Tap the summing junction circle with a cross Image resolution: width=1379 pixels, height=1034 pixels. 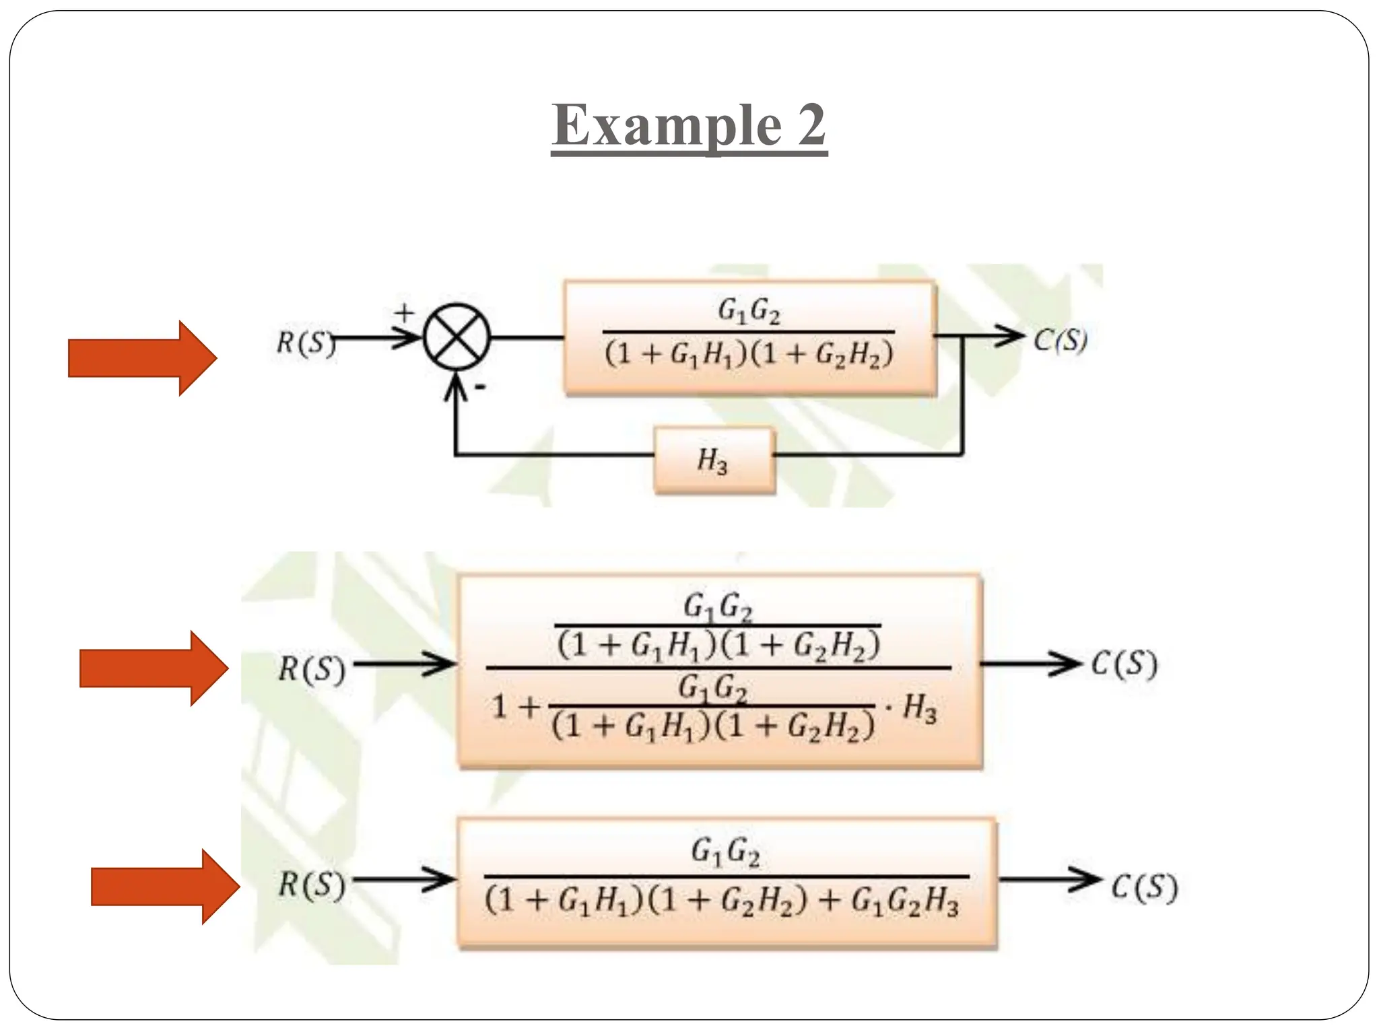[x=457, y=337]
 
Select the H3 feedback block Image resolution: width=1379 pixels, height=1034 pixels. [x=714, y=461]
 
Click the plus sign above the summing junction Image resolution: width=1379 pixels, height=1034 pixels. [x=404, y=312]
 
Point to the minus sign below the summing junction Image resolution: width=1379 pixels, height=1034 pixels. [x=481, y=387]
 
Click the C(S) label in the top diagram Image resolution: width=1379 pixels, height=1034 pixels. [x=1061, y=340]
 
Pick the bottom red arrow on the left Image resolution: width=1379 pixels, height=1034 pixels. [x=166, y=887]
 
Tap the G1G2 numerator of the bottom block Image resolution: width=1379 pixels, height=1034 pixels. [x=725, y=852]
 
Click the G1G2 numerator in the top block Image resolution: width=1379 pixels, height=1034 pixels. [x=749, y=311]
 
